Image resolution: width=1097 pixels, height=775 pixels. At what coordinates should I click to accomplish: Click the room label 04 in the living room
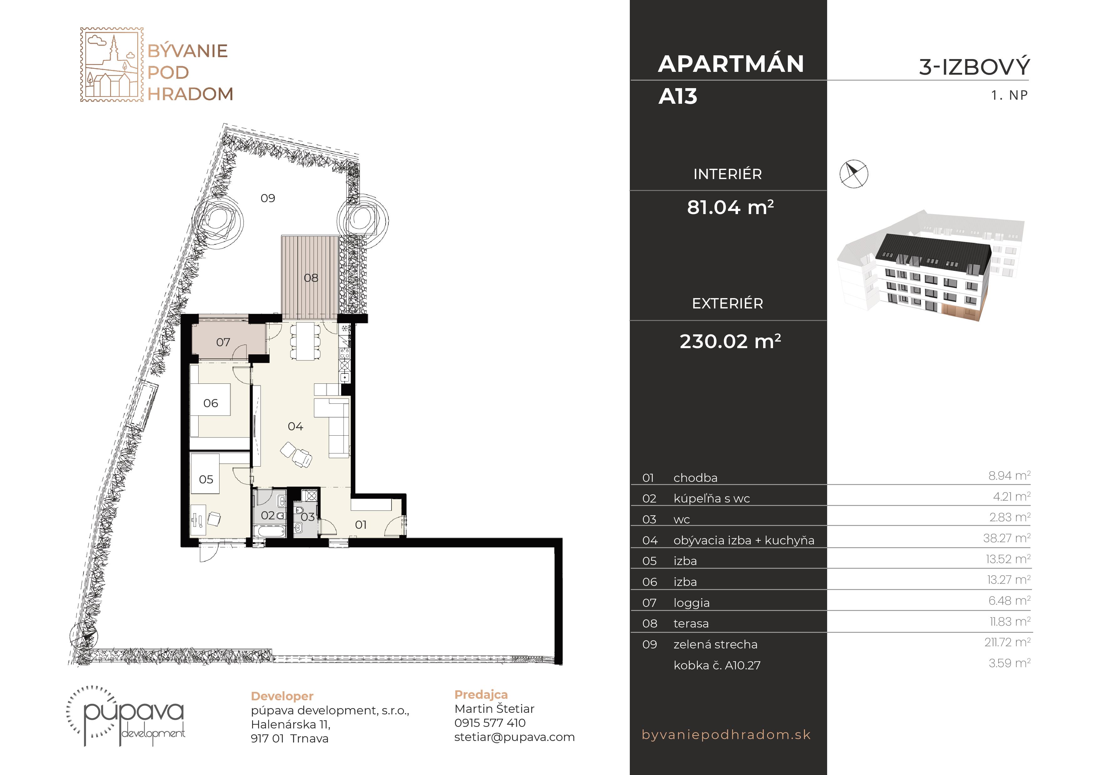[x=295, y=427]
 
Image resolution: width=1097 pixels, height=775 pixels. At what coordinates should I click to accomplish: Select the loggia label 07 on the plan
[x=223, y=342]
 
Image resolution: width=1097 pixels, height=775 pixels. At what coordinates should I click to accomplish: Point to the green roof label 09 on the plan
[x=268, y=198]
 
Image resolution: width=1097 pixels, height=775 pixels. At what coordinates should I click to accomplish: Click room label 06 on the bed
[x=211, y=403]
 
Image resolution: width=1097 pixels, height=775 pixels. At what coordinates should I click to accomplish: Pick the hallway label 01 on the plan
[x=361, y=525]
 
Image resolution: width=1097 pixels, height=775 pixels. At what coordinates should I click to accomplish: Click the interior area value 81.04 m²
[x=730, y=207]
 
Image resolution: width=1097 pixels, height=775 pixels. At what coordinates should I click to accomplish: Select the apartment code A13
[x=678, y=97]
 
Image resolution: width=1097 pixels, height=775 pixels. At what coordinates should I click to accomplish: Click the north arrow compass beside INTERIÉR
[x=854, y=173]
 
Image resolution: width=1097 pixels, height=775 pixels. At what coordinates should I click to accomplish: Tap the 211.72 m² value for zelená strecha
[x=1007, y=642]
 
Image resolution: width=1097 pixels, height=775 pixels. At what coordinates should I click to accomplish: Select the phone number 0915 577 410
[x=490, y=723]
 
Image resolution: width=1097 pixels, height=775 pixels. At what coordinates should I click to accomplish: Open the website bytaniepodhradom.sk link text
[x=726, y=734]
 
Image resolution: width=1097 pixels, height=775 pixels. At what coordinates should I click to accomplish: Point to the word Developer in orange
[x=282, y=696]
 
